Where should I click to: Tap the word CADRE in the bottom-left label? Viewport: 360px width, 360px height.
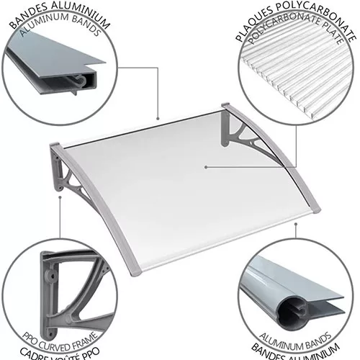[35, 354]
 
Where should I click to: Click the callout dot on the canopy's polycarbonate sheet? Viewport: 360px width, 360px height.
[206, 167]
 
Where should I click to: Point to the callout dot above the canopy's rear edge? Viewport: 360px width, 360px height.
[158, 118]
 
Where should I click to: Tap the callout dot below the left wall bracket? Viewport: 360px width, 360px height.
[60, 197]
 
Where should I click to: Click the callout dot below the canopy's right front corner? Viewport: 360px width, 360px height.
[296, 224]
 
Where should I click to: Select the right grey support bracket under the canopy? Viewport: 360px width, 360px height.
[243, 137]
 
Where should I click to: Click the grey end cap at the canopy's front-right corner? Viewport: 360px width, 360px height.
[315, 210]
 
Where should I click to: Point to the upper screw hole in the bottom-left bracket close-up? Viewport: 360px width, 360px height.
[51, 276]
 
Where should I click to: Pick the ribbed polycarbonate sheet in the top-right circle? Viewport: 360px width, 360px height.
[297, 79]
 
